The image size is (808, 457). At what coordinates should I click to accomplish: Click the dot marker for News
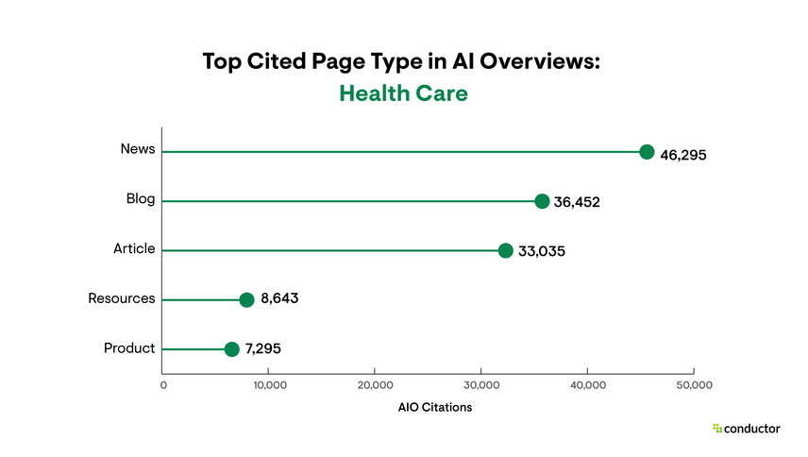pos(647,152)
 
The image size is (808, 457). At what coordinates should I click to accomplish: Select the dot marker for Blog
pos(542,201)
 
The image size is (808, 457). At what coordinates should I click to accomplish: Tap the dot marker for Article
pos(505,250)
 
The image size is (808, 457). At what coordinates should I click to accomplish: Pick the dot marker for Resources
pos(246,299)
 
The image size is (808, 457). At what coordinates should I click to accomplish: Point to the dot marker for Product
pos(232,349)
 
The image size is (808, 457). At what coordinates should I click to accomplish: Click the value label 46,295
pos(682,154)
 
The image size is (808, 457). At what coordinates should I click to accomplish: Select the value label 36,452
pos(578,202)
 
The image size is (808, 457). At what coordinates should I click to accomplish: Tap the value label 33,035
pos(541,251)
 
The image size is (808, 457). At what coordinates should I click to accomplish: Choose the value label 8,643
pos(279,300)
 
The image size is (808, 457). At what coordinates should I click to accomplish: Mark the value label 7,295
pos(262,349)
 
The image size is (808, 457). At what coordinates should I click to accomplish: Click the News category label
pos(138,149)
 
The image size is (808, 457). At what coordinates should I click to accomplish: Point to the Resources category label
pos(122,298)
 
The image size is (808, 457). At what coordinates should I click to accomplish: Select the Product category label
pos(129,348)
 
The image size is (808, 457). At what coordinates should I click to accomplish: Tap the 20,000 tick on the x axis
pos(376,385)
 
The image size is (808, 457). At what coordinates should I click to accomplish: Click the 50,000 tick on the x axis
pos(694,385)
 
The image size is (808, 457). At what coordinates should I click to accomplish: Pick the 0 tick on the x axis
pos(163,385)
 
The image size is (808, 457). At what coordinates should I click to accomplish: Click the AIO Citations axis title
pos(435,408)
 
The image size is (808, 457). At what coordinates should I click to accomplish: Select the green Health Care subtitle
pos(403,94)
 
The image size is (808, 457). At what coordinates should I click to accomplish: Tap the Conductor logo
pos(746,429)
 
